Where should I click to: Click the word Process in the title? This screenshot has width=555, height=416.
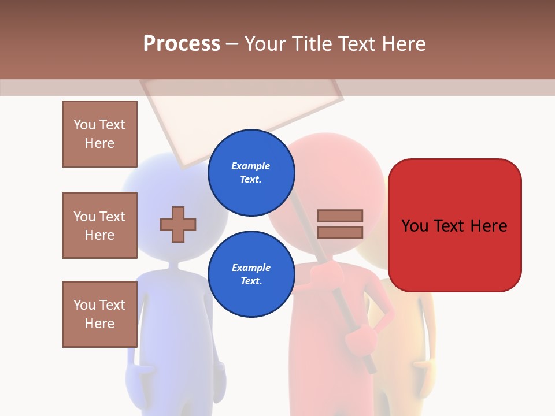pos(182,44)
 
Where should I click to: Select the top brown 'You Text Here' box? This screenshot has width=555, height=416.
pos(99,134)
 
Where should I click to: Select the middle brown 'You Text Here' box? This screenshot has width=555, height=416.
pos(99,225)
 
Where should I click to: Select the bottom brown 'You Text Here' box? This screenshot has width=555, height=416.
pos(99,314)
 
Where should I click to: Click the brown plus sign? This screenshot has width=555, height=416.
pos(178,224)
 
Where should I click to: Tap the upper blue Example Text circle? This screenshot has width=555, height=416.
pos(251,172)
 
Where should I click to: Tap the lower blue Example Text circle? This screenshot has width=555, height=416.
pos(251,274)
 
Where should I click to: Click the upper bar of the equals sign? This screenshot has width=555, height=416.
pos(340,216)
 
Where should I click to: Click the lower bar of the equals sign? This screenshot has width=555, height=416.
pos(340,232)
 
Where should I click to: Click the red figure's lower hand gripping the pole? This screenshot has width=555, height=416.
pos(360,337)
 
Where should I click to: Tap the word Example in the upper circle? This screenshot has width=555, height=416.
pos(250,166)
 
